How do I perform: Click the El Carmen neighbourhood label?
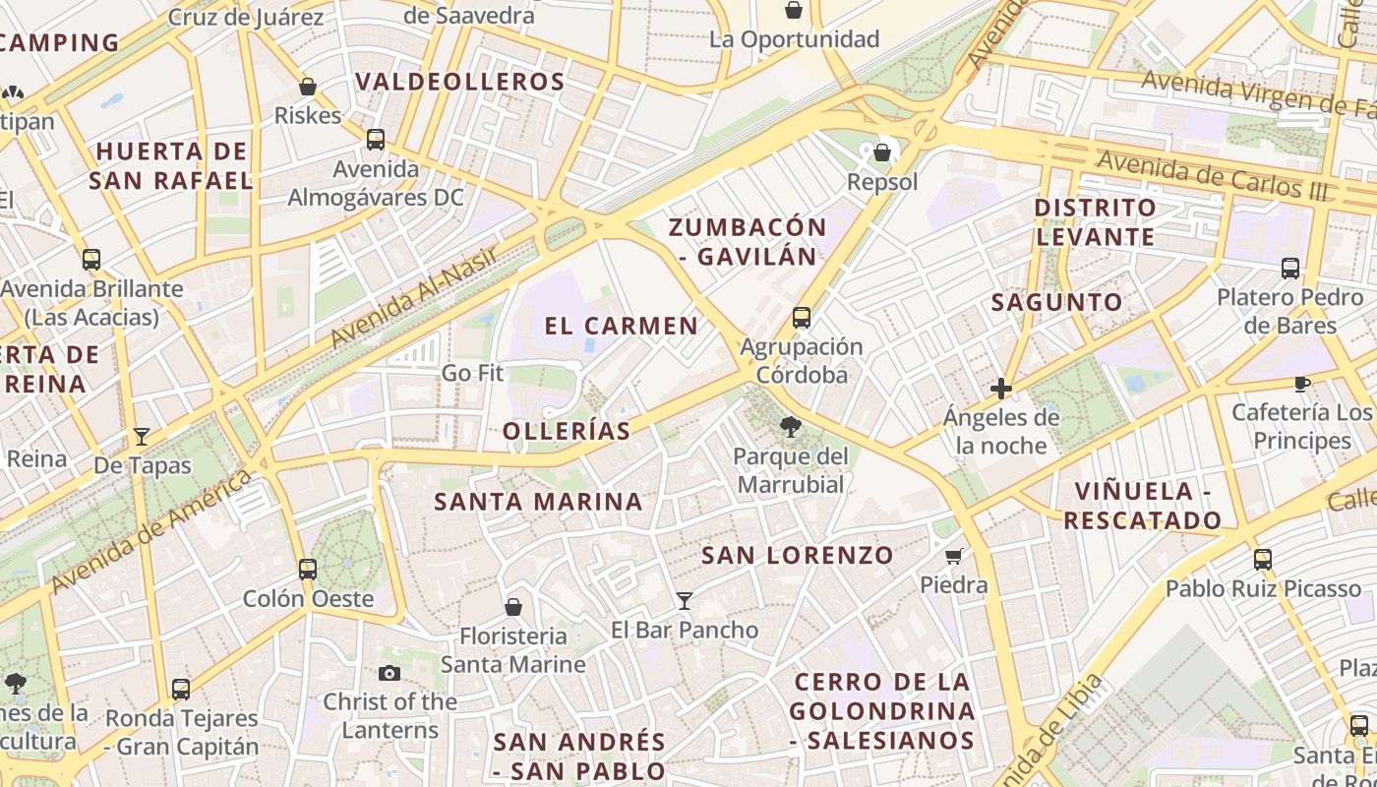click(x=621, y=326)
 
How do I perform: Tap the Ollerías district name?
click(x=566, y=431)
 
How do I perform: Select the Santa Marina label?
click(x=538, y=502)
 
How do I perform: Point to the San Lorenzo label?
click(x=797, y=556)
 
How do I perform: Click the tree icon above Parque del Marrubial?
click(x=789, y=426)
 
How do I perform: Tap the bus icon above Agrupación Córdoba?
click(x=802, y=317)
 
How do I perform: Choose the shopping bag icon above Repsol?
click(x=882, y=152)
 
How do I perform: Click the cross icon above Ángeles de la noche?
click(x=1001, y=389)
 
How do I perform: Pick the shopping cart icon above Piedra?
click(x=953, y=557)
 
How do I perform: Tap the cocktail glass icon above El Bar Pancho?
click(x=685, y=600)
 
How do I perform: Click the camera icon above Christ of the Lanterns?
click(x=389, y=673)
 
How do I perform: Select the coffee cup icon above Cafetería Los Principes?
click(x=1301, y=384)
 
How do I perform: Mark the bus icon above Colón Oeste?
click(x=308, y=569)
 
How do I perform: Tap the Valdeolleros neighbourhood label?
click(x=460, y=82)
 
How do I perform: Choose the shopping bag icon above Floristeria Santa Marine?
click(x=512, y=606)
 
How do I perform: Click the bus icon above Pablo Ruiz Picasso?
click(x=1263, y=560)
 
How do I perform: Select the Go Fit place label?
click(x=472, y=373)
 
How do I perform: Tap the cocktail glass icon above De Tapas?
click(x=142, y=436)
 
